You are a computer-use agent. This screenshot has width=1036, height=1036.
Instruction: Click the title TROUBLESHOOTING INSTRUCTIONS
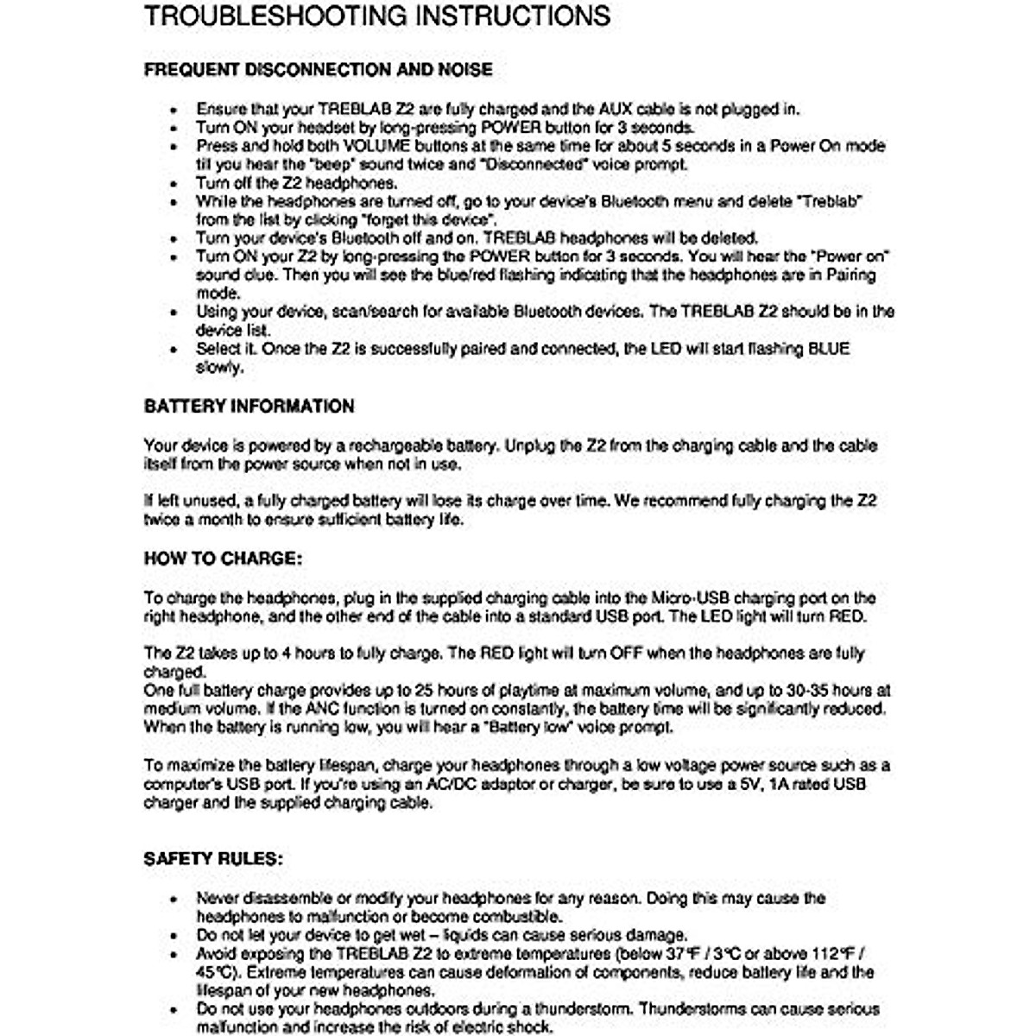(x=377, y=16)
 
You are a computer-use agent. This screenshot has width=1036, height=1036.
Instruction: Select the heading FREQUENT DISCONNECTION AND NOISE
(x=319, y=70)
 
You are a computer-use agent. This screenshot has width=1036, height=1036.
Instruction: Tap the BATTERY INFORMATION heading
(x=249, y=407)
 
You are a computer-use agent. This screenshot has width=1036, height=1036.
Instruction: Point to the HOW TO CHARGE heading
(x=223, y=559)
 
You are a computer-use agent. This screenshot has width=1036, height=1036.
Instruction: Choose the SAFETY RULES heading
(x=213, y=859)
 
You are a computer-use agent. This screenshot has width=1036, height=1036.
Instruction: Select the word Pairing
(x=850, y=275)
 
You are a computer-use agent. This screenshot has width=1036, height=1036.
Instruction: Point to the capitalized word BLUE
(x=828, y=349)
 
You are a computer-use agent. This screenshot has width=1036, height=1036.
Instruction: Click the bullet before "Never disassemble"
(x=175, y=899)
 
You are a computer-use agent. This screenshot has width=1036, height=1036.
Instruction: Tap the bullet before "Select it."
(x=175, y=350)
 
